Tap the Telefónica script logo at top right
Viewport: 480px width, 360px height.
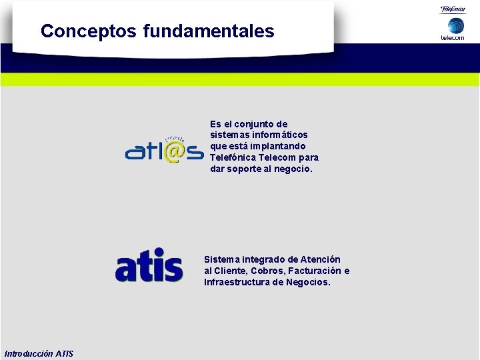[x=453, y=9]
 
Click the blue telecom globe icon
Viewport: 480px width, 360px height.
[x=455, y=25]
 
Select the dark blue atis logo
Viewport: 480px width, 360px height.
[x=149, y=265]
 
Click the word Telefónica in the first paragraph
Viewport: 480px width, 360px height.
[x=234, y=157]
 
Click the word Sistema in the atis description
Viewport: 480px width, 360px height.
[x=222, y=259]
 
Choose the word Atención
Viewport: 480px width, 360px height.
[x=320, y=259]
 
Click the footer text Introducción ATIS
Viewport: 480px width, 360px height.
[x=39, y=353]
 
